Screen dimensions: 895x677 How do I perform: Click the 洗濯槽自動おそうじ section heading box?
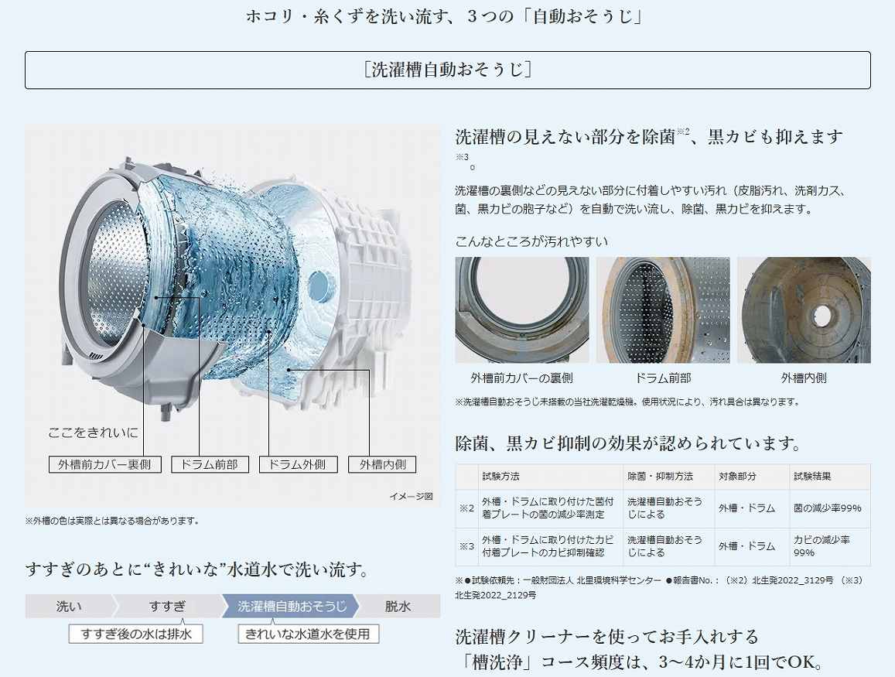[x=447, y=70]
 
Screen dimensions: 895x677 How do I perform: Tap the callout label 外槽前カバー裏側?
[x=104, y=465]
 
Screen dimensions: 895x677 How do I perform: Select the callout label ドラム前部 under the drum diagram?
[x=210, y=465]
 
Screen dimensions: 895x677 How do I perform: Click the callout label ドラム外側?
[x=298, y=465]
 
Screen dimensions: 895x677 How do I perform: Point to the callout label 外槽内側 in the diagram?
[x=382, y=465]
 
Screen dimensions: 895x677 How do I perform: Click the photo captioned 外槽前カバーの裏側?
[x=521, y=310]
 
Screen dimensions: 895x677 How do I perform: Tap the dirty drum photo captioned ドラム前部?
[x=663, y=310]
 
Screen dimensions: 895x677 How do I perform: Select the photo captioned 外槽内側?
[x=804, y=310]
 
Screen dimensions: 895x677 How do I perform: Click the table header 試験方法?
[x=500, y=476]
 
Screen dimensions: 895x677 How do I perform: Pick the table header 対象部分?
[x=737, y=476]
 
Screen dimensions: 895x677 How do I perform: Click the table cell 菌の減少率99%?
[x=827, y=508]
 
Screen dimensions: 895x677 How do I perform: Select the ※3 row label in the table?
[x=467, y=546]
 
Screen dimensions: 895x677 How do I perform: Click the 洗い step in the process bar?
[x=69, y=607]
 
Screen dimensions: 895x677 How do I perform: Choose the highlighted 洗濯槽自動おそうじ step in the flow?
[x=291, y=607]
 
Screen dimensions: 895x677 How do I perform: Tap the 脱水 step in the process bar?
[x=398, y=607]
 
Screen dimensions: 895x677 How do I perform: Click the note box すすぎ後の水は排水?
[x=136, y=634]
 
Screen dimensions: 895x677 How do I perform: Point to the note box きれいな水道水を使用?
[x=308, y=634]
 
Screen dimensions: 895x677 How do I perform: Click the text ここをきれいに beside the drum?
[x=93, y=433]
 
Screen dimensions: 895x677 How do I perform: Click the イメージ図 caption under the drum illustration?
[x=411, y=496]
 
